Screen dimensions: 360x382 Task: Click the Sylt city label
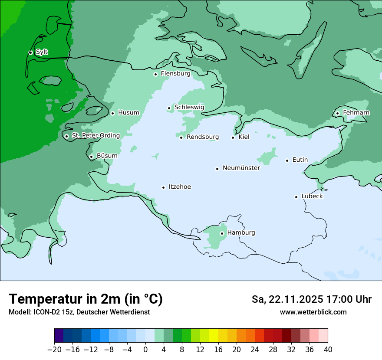[42, 52]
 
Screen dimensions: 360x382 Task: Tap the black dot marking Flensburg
[155, 74]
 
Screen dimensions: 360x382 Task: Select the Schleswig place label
[189, 107]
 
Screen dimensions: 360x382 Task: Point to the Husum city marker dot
[112, 113]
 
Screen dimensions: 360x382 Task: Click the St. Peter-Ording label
[95, 135]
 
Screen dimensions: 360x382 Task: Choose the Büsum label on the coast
[107, 156]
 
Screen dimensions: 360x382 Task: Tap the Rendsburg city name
[203, 137]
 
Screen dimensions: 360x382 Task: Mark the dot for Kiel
[233, 137]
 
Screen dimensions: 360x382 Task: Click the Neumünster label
[241, 168]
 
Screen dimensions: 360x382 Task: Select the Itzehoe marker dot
[163, 187]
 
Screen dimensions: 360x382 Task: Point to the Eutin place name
[300, 160]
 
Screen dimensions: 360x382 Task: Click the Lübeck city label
[312, 196]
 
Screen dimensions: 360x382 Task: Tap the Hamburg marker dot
[222, 233]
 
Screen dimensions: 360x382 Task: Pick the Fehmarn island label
[356, 113]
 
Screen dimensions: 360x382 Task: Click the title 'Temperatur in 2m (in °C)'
[86, 299]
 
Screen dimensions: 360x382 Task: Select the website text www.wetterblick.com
[313, 312]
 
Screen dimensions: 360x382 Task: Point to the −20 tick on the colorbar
[54, 350]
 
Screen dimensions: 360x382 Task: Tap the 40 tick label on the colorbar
[328, 350]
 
